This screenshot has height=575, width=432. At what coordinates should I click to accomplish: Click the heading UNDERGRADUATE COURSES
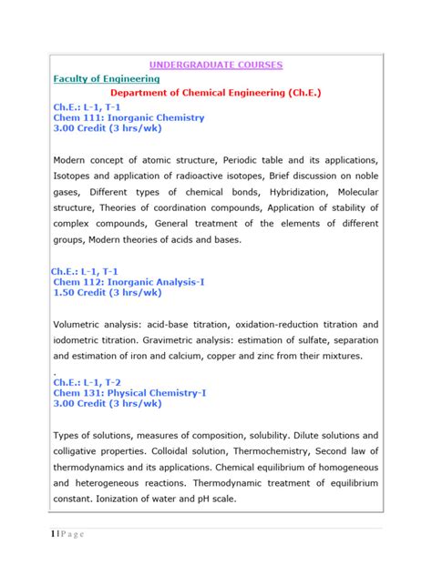(x=216, y=65)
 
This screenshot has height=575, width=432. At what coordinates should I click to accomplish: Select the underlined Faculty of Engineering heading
(x=107, y=79)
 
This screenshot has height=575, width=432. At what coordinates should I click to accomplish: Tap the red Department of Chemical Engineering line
(x=216, y=93)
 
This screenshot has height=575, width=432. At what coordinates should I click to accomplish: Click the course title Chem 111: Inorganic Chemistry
(x=129, y=118)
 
